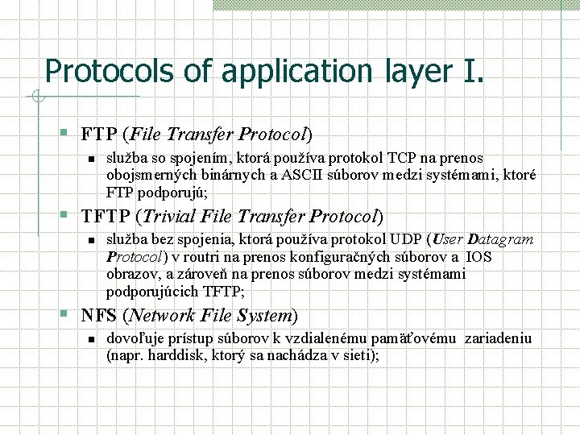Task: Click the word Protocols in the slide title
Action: click(110, 72)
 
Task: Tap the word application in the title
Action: click(292, 72)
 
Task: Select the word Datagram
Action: click(500, 239)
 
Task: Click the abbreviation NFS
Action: click(97, 316)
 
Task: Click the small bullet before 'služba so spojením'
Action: click(92, 159)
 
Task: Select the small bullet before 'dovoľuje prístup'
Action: click(92, 338)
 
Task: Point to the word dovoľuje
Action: click(134, 338)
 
